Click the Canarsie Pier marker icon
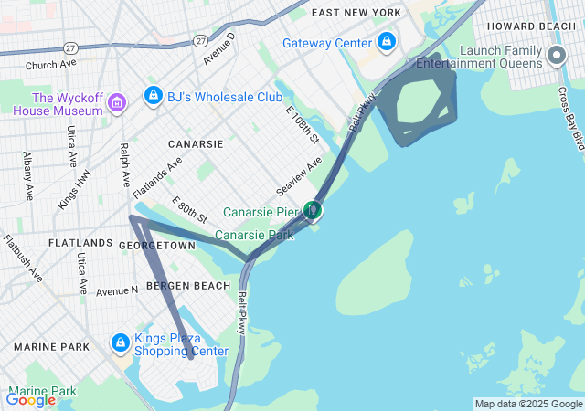click(313, 211)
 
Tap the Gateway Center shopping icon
click(387, 42)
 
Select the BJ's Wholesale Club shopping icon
click(153, 95)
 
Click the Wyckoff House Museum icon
click(117, 103)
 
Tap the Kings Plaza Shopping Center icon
click(120, 343)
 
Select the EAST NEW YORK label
click(356, 13)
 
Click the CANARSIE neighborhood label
click(196, 144)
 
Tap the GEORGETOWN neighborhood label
click(156, 246)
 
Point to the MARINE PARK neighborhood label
click(51, 347)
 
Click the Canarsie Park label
click(254, 235)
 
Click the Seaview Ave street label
click(300, 175)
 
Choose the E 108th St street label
click(302, 126)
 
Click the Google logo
click(30, 399)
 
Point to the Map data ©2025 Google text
click(528, 404)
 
